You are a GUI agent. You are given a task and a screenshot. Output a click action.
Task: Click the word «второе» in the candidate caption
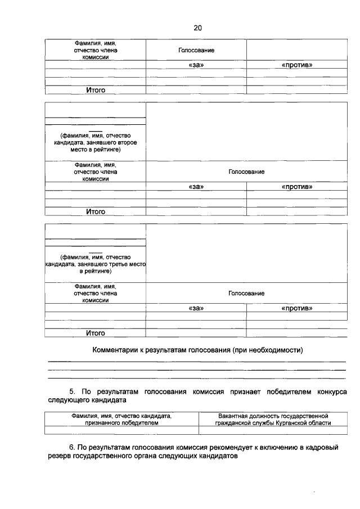133,142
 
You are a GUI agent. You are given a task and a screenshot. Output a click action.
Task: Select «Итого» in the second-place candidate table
96,211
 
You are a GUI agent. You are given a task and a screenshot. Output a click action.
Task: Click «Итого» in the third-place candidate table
96,333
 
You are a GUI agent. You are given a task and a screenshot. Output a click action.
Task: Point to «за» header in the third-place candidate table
196,308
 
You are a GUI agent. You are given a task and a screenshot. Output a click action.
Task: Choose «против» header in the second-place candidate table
296,187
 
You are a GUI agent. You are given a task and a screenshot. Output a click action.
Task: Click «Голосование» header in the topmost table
196,51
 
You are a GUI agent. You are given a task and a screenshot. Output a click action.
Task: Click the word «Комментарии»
116,350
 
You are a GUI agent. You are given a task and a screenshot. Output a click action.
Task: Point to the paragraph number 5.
71,391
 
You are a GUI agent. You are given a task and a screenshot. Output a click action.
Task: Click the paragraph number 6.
71,447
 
